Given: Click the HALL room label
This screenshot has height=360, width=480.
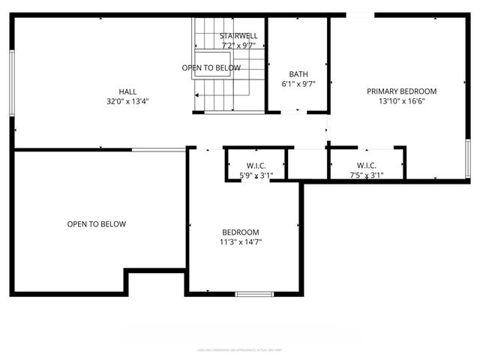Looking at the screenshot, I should (127, 91).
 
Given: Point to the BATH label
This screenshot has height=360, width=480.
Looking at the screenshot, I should (298, 74).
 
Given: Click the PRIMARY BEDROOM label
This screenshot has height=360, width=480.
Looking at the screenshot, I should (401, 91).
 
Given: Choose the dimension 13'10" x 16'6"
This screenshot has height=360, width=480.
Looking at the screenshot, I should (401, 101).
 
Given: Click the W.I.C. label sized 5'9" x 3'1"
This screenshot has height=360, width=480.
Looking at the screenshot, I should (256, 166).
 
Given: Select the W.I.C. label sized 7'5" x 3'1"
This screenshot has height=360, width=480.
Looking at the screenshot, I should (366, 166).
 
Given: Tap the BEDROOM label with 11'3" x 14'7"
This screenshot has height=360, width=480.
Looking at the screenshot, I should (241, 232).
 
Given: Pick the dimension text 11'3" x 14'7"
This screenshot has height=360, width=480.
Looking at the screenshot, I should (241, 241).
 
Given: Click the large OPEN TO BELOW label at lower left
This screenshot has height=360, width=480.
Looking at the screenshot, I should (96, 224).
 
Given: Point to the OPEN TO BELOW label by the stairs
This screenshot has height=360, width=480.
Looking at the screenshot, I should (211, 68).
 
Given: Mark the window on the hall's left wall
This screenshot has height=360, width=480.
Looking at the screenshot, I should (11, 82).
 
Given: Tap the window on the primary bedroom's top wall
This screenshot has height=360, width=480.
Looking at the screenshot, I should (359, 15).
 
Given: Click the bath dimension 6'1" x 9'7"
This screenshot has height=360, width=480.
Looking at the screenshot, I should (298, 84).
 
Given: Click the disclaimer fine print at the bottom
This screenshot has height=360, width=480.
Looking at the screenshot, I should (240, 349).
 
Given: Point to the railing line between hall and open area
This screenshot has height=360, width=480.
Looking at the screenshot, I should (159, 150).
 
